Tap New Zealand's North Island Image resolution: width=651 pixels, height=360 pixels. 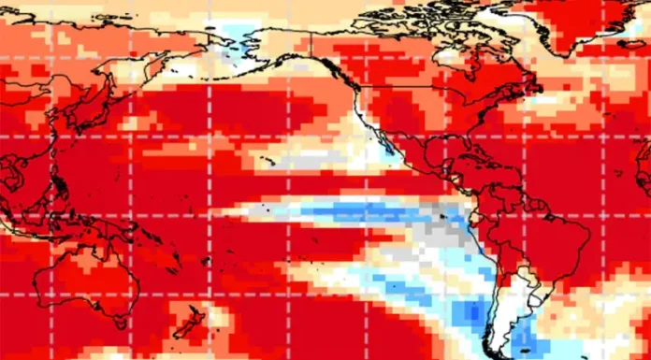[198, 310]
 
